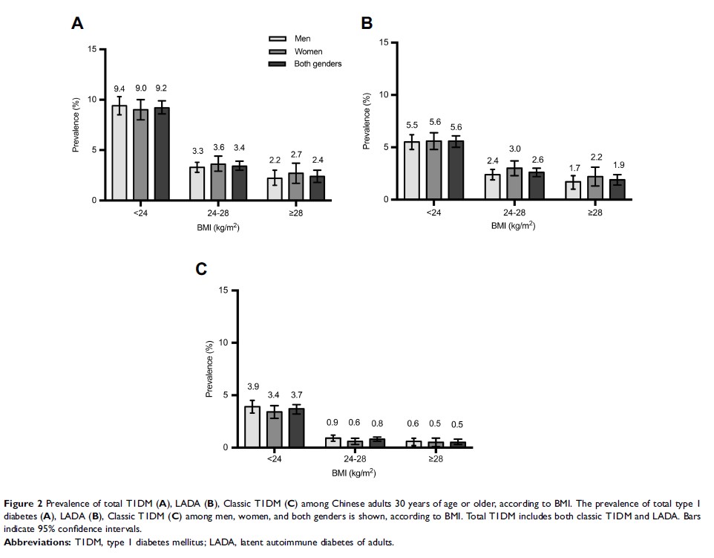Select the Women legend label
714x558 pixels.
click(x=309, y=51)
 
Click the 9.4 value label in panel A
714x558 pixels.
click(x=119, y=88)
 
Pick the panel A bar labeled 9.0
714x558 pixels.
click(x=140, y=155)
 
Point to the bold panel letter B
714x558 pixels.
click(x=366, y=24)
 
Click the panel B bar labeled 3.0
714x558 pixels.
click(x=514, y=184)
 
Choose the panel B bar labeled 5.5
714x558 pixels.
click(x=412, y=170)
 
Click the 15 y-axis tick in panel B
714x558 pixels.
click(x=382, y=42)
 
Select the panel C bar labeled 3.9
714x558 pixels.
click(x=252, y=426)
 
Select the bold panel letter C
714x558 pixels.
click(x=200, y=268)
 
